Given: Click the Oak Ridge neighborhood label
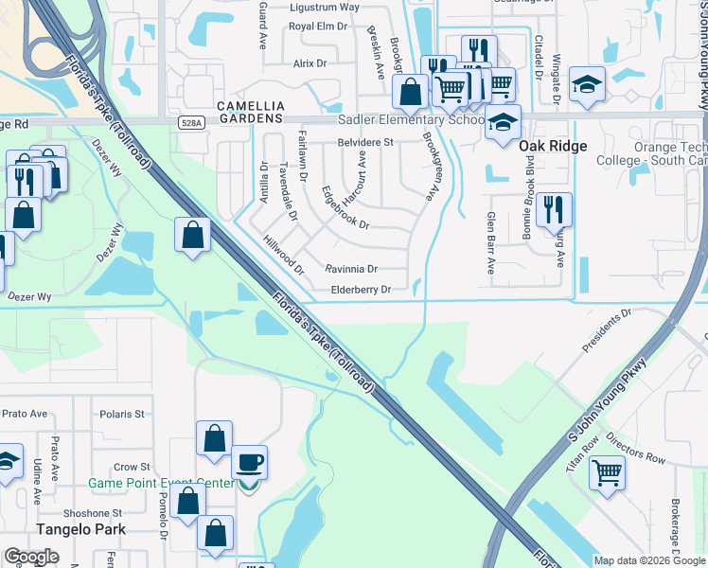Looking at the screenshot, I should [553, 146].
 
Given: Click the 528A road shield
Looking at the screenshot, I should [189, 122].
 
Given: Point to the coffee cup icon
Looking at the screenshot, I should [249, 463].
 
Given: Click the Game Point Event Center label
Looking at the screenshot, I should [161, 484].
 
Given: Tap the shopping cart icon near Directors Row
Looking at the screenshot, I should [606, 472].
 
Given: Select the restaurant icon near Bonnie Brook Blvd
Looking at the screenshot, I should [554, 209].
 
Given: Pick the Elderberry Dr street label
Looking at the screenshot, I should [361, 291].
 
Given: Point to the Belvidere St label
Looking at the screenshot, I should [365, 143].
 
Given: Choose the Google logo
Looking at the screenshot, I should [31, 557].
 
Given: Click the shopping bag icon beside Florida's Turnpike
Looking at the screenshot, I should [192, 234].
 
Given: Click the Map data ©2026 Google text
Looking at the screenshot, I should [648, 560].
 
